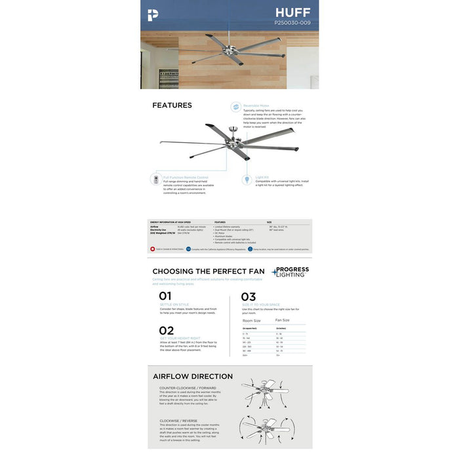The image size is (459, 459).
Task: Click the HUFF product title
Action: (x=293, y=12)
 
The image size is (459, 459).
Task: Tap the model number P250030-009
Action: (x=292, y=23)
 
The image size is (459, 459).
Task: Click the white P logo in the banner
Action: (x=153, y=14)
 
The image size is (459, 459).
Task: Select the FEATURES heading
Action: (x=172, y=105)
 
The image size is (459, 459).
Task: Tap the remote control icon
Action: (x=155, y=178)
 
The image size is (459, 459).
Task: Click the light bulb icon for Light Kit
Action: (x=248, y=178)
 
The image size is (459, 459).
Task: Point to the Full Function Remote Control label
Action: (x=186, y=177)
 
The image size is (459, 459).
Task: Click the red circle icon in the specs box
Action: (x=153, y=249)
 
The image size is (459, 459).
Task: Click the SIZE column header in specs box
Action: (x=269, y=222)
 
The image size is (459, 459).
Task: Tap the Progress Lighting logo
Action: (x=290, y=271)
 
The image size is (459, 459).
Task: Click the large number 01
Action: (x=165, y=296)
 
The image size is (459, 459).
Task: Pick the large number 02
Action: (x=166, y=330)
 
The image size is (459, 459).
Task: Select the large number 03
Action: (x=249, y=296)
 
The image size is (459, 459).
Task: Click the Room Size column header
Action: (x=252, y=320)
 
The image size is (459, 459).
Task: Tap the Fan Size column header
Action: (x=283, y=320)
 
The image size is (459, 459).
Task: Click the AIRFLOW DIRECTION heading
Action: (x=193, y=376)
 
